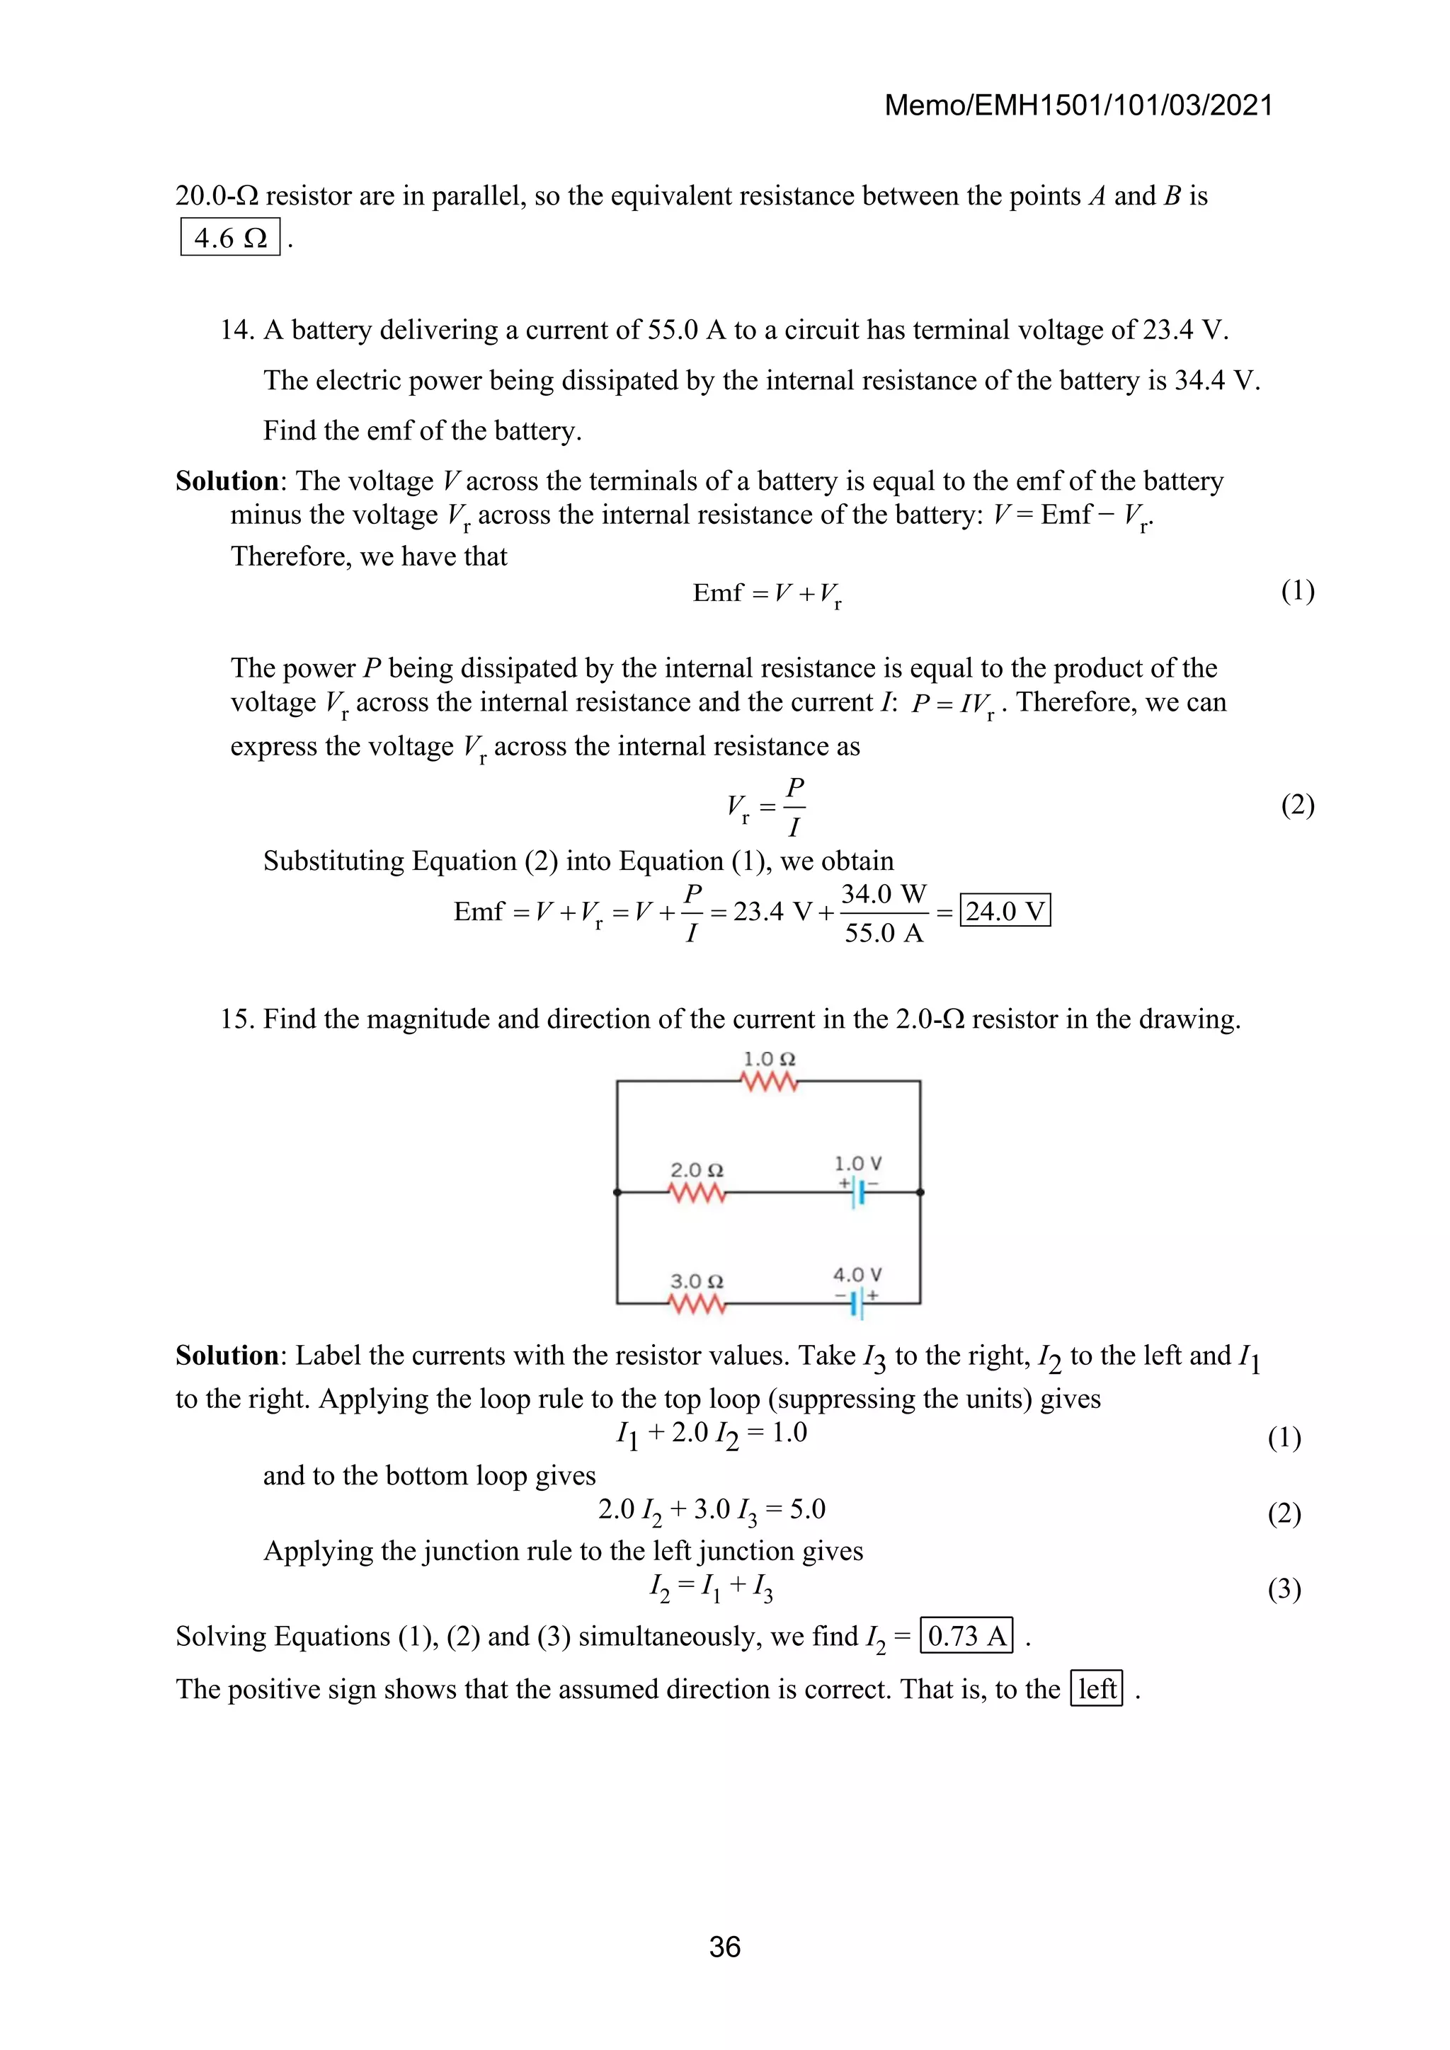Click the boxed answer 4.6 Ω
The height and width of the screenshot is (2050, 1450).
pos(230,238)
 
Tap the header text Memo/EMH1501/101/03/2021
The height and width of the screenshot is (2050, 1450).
pos(1078,106)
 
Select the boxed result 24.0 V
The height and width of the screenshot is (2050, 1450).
pos(1005,911)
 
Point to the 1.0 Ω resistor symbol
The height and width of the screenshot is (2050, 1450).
pos(769,1082)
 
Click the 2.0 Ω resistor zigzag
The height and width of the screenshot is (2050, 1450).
pos(697,1193)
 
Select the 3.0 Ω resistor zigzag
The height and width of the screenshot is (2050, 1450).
pos(697,1305)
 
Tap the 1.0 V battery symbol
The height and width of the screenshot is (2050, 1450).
pos(857,1192)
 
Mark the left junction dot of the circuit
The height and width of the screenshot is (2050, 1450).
pos(617,1192)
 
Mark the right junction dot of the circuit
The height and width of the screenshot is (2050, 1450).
pos(920,1192)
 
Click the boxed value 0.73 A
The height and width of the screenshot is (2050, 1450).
pos(966,1636)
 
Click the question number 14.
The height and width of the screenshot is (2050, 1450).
pos(236,331)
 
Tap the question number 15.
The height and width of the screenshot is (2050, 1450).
pos(236,1019)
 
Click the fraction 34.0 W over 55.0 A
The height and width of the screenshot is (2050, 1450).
pos(883,912)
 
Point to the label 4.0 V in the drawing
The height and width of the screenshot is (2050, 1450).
pos(857,1274)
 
